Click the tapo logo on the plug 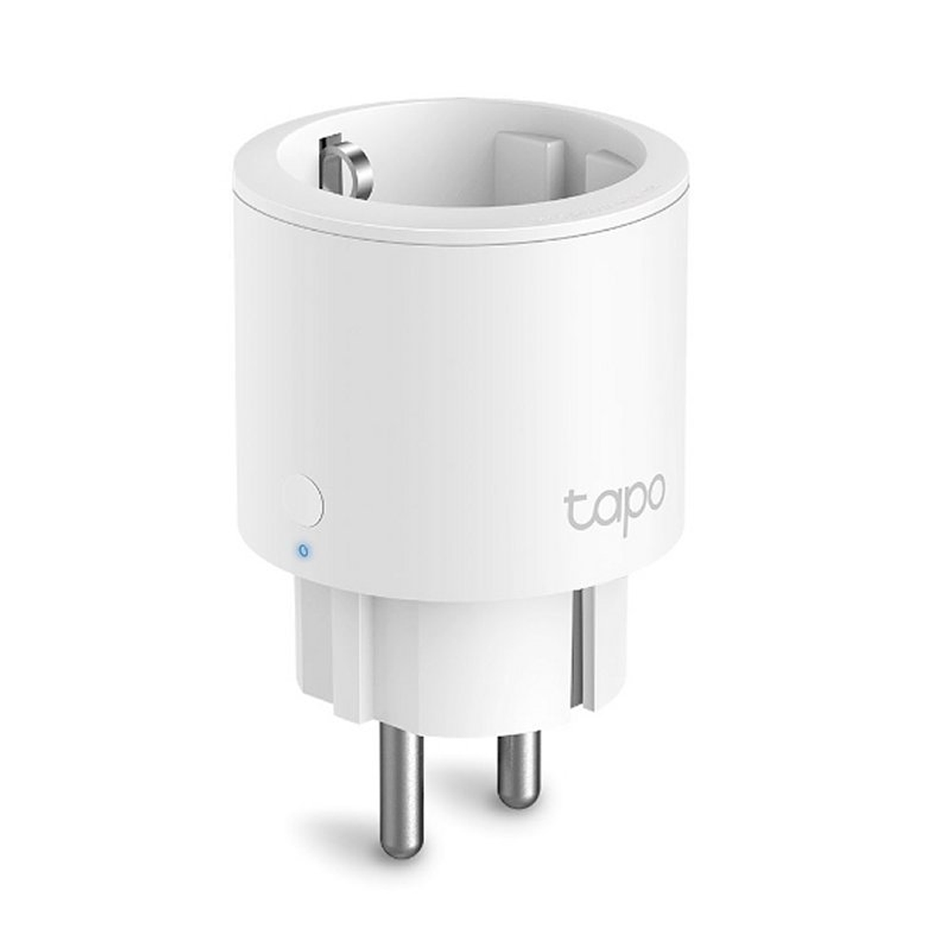614,505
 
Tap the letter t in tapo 573,507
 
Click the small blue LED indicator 304,551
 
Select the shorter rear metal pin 518,765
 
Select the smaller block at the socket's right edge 604,176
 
